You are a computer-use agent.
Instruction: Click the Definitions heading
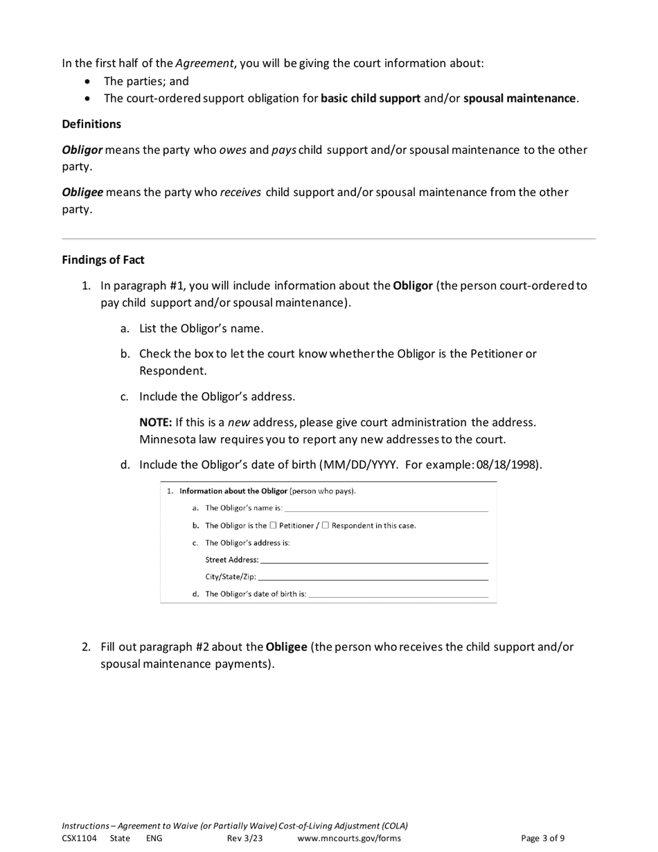pyautogui.click(x=91, y=124)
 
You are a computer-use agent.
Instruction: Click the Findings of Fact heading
pyautogui.click(x=103, y=260)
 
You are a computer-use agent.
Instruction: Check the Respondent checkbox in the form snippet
pyautogui.click(x=326, y=525)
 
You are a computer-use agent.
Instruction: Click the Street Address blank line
pyautogui.click(x=374, y=560)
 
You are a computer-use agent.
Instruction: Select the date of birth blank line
pyautogui.click(x=398, y=594)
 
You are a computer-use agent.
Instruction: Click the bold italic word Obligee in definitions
pyautogui.click(x=82, y=192)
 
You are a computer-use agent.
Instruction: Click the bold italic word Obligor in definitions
pyautogui.click(x=82, y=150)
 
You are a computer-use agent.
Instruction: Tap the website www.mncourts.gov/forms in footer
pyautogui.click(x=349, y=838)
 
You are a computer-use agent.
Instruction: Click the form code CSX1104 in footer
pyautogui.click(x=79, y=838)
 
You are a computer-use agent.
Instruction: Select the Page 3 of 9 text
pyautogui.click(x=542, y=838)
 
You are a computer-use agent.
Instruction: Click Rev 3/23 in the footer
pyautogui.click(x=245, y=838)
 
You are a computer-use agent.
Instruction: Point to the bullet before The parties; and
pyautogui.click(x=87, y=81)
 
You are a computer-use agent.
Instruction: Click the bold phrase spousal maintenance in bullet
pyautogui.click(x=519, y=98)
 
